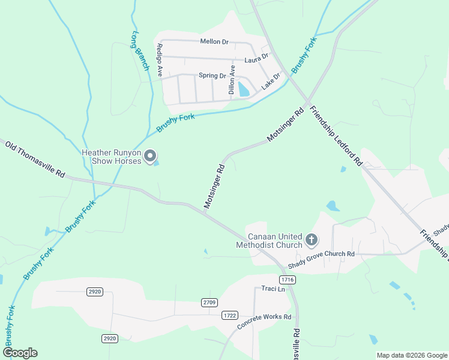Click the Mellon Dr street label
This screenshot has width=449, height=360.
click(x=214, y=41)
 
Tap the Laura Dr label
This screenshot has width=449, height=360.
click(x=256, y=60)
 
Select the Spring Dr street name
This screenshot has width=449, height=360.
click(x=212, y=76)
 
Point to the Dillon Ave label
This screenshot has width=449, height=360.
click(x=232, y=80)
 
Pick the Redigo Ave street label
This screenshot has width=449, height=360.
click(x=160, y=59)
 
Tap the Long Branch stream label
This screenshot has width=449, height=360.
click(x=140, y=50)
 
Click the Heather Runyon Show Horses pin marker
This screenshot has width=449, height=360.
click(x=151, y=155)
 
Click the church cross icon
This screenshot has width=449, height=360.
click(x=311, y=240)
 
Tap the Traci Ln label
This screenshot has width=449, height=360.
click(x=273, y=289)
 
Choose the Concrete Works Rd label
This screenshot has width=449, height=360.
click(x=264, y=322)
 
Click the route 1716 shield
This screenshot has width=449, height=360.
click(x=288, y=280)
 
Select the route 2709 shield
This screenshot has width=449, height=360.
click(x=209, y=302)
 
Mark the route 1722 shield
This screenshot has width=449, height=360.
click(x=229, y=315)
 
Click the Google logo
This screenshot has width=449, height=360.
click(x=20, y=353)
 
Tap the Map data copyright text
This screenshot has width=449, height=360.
click(x=411, y=355)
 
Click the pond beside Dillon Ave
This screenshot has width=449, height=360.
click(x=243, y=89)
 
